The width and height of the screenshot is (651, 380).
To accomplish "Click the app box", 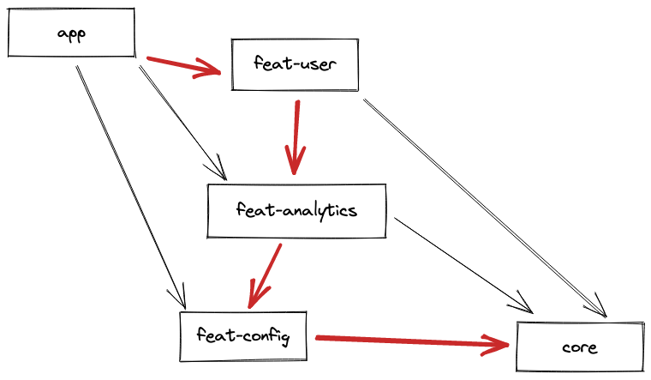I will (71, 33).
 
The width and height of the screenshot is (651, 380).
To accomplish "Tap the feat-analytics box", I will (296, 211).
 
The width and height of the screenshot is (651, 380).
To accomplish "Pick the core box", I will (579, 347).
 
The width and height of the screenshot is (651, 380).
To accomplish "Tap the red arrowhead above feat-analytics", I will (296, 161).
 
